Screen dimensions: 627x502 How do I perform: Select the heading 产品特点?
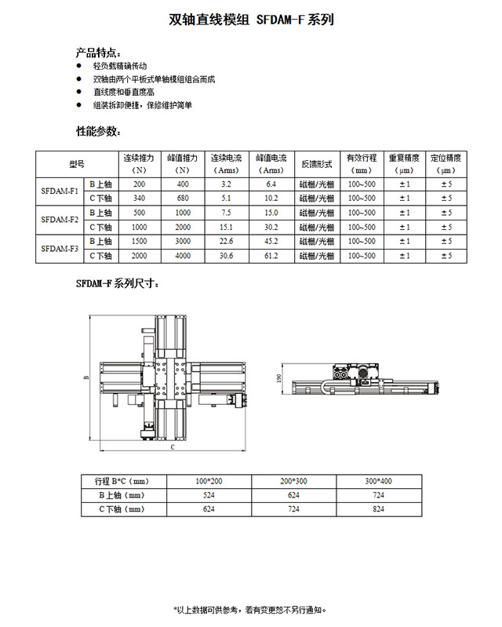point(97,53)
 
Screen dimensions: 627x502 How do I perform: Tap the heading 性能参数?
point(97,130)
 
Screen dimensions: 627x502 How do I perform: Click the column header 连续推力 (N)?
point(140,163)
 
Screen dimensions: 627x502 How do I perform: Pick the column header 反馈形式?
point(317,164)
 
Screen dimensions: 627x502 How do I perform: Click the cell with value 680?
point(183,198)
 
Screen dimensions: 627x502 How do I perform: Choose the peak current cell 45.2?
point(271,240)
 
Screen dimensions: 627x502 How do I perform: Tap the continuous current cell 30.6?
point(227,255)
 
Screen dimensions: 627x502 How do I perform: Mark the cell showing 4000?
point(183,255)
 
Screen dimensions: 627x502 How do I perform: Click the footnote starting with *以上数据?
point(250,609)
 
